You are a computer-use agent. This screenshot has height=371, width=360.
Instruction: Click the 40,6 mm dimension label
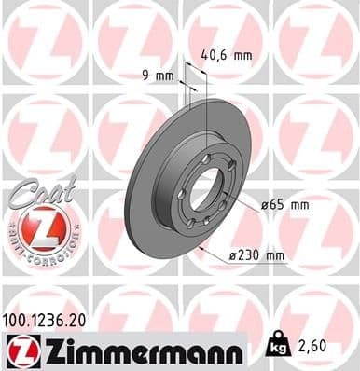pyautogui.click(x=228, y=55)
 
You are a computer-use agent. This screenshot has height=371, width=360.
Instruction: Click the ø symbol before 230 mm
pyautogui.click(x=230, y=254)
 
